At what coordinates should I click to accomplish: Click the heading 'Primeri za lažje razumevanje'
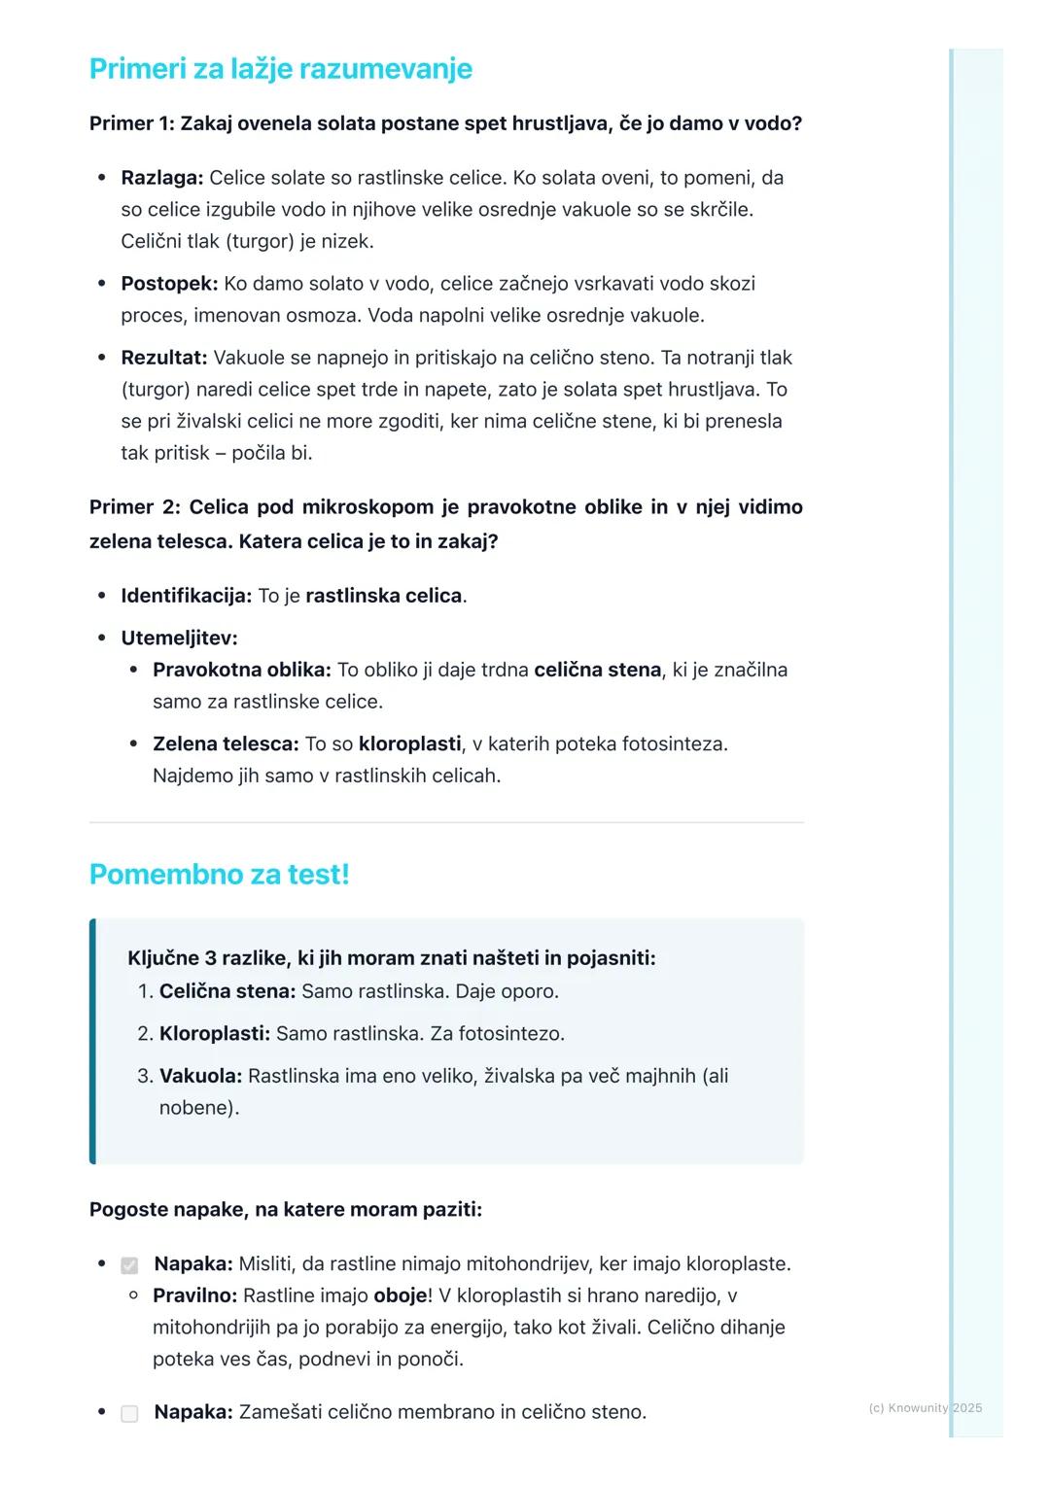(280, 69)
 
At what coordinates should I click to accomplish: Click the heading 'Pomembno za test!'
(219, 874)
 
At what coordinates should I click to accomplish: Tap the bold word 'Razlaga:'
(161, 178)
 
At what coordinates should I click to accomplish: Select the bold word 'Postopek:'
(169, 284)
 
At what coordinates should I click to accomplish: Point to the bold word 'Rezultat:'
(163, 358)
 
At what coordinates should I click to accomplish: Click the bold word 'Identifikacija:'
(186, 596)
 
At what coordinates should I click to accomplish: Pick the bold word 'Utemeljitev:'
(179, 639)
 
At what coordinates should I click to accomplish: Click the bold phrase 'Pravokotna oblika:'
(241, 670)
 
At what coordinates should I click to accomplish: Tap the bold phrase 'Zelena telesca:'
(226, 743)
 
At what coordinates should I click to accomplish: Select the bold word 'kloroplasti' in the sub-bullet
(409, 743)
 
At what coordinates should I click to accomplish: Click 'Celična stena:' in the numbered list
(227, 991)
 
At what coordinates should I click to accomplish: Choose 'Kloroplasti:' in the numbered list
(214, 1033)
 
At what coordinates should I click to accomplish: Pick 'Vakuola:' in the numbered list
(200, 1076)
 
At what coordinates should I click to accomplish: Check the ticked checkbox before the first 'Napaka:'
(129, 1265)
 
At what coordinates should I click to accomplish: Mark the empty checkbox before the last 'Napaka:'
(129, 1413)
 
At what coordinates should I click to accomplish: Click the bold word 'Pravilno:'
(194, 1295)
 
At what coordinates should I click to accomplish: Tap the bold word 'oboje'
(400, 1295)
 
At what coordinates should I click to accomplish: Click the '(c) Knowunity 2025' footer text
(925, 1407)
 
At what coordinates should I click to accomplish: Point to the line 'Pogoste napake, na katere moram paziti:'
(285, 1210)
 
